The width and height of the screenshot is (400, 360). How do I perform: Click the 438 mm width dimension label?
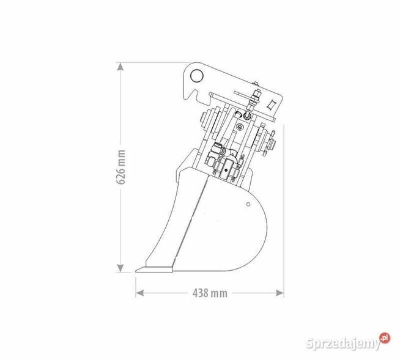click(210, 293)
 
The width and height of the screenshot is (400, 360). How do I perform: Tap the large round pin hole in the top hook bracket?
click(196, 76)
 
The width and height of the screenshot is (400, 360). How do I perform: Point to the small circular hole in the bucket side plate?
click(248, 204)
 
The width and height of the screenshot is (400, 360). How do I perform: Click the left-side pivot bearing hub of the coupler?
click(205, 125)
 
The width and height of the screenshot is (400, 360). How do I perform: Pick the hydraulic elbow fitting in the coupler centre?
click(219, 150)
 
